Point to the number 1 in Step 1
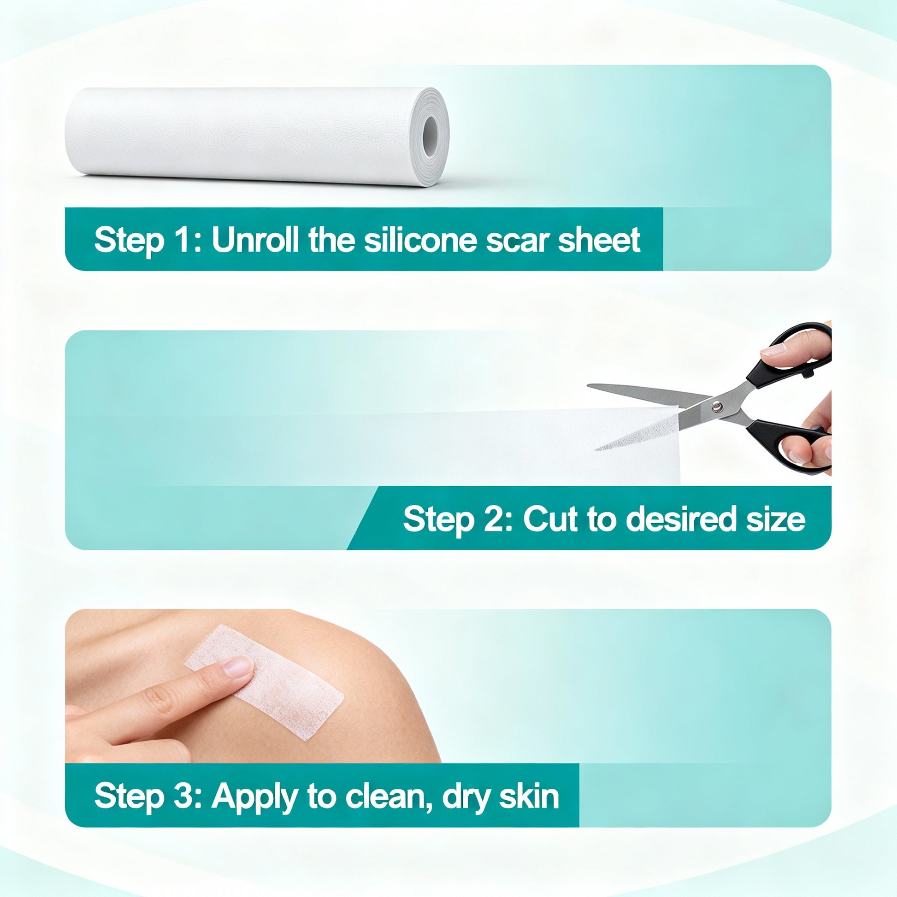pyautogui.click(x=183, y=240)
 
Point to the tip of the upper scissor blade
pyautogui.click(x=588, y=385)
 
